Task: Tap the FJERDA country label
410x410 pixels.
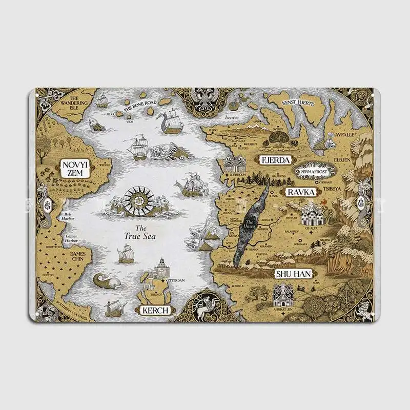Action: tap(276, 159)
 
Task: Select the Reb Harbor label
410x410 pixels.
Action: tap(70, 215)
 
